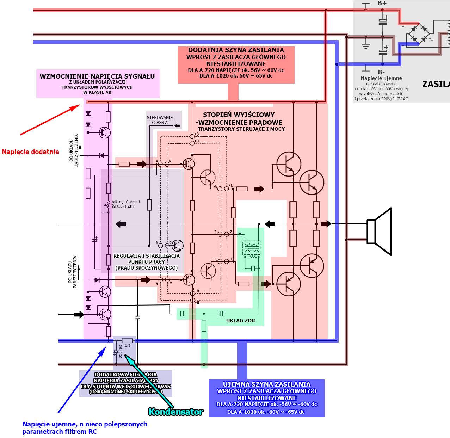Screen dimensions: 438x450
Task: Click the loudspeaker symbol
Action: coord(380,231)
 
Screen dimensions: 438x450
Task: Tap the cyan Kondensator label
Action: coord(175,412)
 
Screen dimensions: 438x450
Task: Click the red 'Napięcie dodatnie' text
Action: coord(31,152)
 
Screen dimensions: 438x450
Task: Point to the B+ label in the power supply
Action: coord(382,3)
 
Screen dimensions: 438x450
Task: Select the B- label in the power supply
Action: coord(381,72)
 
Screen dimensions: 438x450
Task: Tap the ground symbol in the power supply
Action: coord(366,45)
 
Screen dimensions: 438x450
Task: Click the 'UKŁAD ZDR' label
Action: coord(240,321)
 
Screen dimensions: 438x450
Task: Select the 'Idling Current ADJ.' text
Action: coord(126,204)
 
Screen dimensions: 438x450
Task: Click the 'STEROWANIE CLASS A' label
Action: coord(160,120)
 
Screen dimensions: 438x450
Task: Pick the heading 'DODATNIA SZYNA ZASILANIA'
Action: coord(236,50)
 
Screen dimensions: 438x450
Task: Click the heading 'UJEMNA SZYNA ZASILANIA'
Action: coord(267,384)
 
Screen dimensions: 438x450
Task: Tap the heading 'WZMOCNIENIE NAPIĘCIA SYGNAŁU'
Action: coord(97,76)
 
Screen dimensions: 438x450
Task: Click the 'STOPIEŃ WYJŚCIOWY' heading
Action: coord(239,115)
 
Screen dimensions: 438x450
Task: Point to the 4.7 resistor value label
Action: coord(127,346)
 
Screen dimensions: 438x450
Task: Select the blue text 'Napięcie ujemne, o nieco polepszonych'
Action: coord(85,424)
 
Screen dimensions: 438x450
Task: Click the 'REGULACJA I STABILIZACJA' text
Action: coord(147,256)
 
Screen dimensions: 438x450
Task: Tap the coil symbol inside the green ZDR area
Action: coord(251,247)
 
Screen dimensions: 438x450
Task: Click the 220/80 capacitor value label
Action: coord(121,351)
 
